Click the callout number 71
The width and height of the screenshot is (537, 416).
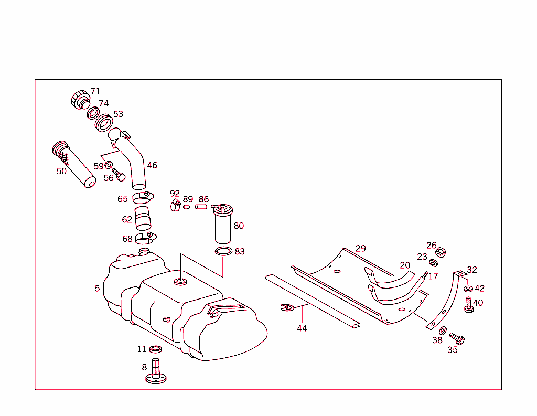tap(95, 92)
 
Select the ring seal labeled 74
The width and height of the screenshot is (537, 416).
tap(93, 113)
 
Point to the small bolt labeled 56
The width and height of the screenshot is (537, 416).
tap(118, 175)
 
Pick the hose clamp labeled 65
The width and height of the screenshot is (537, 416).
tap(142, 198)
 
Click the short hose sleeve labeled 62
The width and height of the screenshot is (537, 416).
tap(142, 218)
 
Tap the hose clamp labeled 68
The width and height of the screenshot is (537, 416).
tap(144, 238)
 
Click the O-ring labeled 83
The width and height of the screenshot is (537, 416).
tap(223, 252)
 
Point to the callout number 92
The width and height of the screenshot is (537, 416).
tap(175, 194)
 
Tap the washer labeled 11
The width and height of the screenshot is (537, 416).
tap(156, 349)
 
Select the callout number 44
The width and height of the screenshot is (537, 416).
tap(302, 328)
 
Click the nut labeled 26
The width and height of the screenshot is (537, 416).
tap(441, 252)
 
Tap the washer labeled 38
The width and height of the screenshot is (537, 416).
tap(443, 330)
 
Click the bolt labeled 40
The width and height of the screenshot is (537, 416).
tap(468, 304)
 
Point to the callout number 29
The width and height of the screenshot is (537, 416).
tap(361, 249)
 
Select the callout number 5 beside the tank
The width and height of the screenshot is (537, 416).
tap(98, 289)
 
